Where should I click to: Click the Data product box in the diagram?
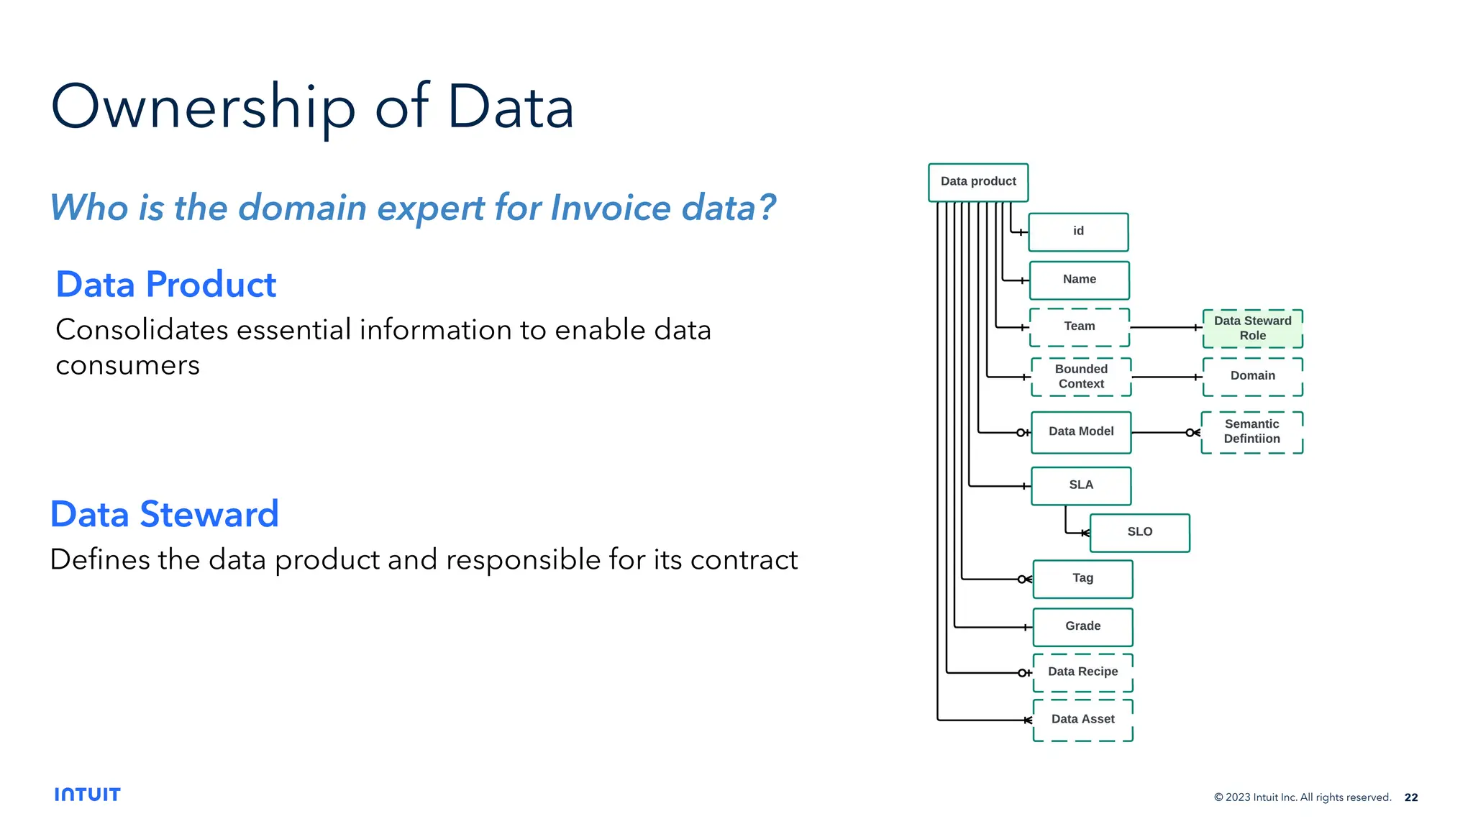pyautogui.click(x=978, y=182)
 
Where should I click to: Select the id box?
pyautogui.click(x=1078, y=232)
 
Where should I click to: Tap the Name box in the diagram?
pyautogui.click(x=1079, y=280)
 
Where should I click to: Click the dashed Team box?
pyautogui.click(x=1079, y=327)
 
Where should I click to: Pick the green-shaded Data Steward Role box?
pyautogui.click(x=1252, y=329)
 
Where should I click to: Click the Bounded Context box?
pyautogui.click(x=1081, y=377)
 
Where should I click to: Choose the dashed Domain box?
pyautogui.click(x=1252, y=377)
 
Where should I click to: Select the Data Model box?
pyautogui.click(x=1081, y=432)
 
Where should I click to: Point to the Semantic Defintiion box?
pyautogui.click(x=1251, y=432)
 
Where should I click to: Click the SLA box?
pyautogui.click(x=1081, y=485)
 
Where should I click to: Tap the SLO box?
pyautogui.click(x=1139, y=532)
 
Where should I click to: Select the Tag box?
pyautogui.click(x=1082, y=579)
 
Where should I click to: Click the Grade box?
pyautogui.click(x=1082, y=627)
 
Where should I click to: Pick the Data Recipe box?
pyautogui.click(x=1082, y=672)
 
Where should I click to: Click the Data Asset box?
pyautogui.click(x=1082, y=720)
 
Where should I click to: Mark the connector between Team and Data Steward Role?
pyautogui.click(x=1165, y=327)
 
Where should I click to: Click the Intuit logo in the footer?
pyautogui.click(x=87, y=794)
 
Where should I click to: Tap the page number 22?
pyautogui.click(x=1411, y=797)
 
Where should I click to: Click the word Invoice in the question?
pyautogui.click(x=611, y=209)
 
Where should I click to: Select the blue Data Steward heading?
pyautogui.click(x=165, y=515)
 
